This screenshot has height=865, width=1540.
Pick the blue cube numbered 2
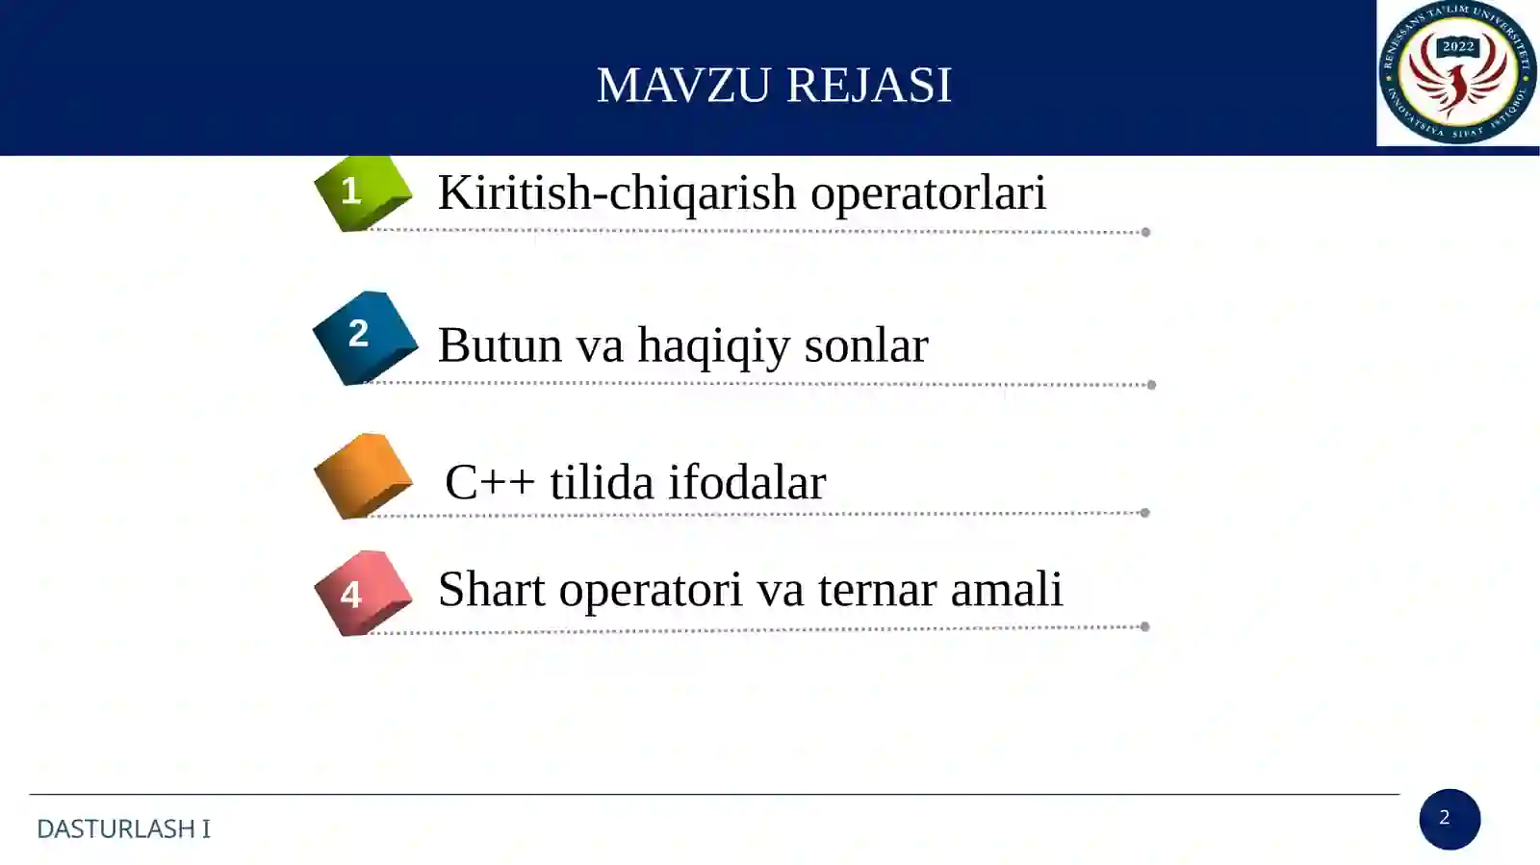365,337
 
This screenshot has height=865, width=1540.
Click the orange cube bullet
363,476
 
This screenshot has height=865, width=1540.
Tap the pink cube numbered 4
362,593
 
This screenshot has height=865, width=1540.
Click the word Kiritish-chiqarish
616,192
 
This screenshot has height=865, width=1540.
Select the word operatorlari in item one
928,192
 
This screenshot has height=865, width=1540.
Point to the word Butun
500,344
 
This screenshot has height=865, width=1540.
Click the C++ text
489,482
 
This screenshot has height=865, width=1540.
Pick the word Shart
491,589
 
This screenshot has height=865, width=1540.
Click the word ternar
877,589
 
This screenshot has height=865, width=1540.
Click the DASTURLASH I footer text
123,828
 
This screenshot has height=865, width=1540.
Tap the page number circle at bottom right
1449,819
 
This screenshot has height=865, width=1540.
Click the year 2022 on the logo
1457,46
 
